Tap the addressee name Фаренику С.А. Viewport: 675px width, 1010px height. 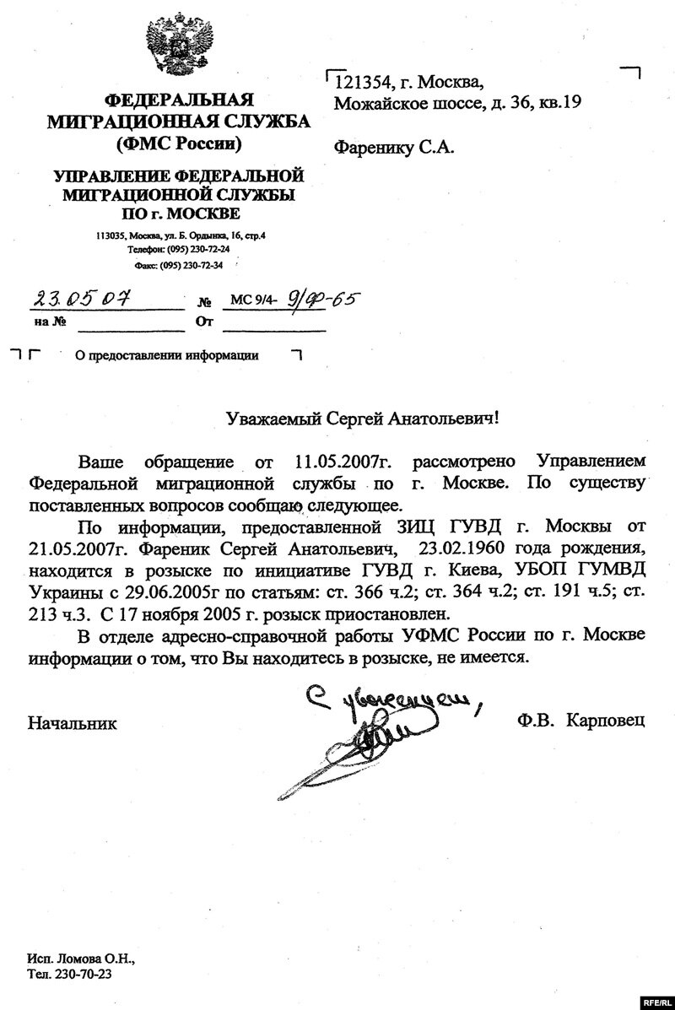(x=394, y=148)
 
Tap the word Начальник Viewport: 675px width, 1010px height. (x=73, y=722)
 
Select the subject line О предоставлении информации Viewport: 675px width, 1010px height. (x=166, y=355)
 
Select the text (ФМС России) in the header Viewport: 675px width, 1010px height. (x=178, y=143)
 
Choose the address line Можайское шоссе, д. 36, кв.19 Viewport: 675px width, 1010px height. (x=458, y=104)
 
